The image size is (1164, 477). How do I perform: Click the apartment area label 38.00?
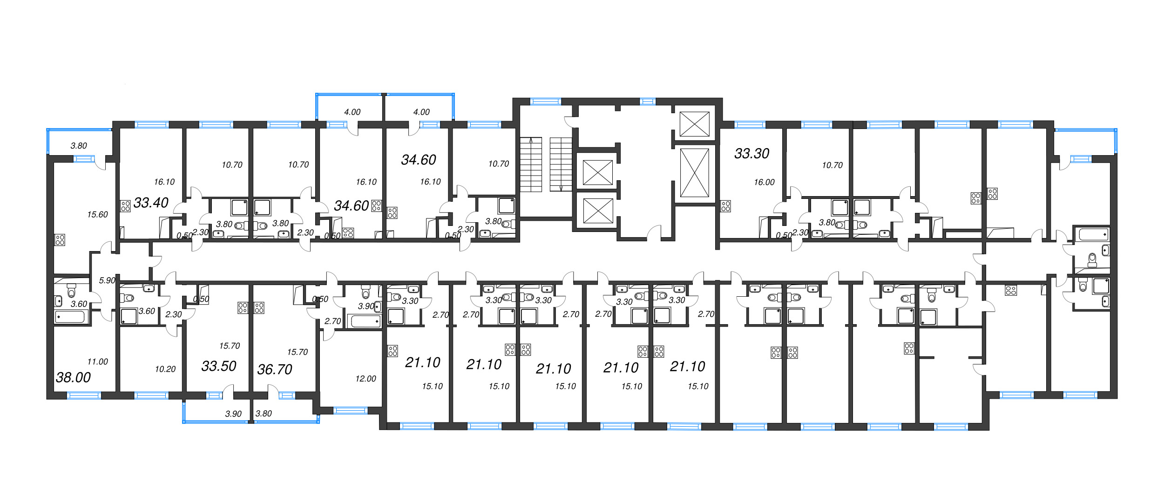73,377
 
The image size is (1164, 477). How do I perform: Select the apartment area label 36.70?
275,369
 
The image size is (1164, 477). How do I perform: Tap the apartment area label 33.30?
751,153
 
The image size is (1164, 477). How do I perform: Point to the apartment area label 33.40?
151,203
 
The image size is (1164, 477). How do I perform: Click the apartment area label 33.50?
219,366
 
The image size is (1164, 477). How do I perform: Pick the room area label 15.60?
97,215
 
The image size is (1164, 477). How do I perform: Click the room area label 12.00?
365,379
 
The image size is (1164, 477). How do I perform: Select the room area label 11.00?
97,361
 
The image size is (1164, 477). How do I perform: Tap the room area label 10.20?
165,369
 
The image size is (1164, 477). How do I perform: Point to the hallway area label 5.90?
107,280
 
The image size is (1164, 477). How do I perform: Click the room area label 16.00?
764,183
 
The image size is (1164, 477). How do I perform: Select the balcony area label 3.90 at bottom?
233,414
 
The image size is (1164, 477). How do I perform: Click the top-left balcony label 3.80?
79,146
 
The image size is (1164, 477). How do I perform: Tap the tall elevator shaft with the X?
694,173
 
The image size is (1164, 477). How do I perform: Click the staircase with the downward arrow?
561,164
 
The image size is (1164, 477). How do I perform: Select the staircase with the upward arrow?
531,164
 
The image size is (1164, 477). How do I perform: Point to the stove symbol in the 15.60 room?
60,240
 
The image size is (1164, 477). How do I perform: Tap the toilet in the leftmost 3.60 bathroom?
71,292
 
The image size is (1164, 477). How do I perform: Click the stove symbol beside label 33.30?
725,206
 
